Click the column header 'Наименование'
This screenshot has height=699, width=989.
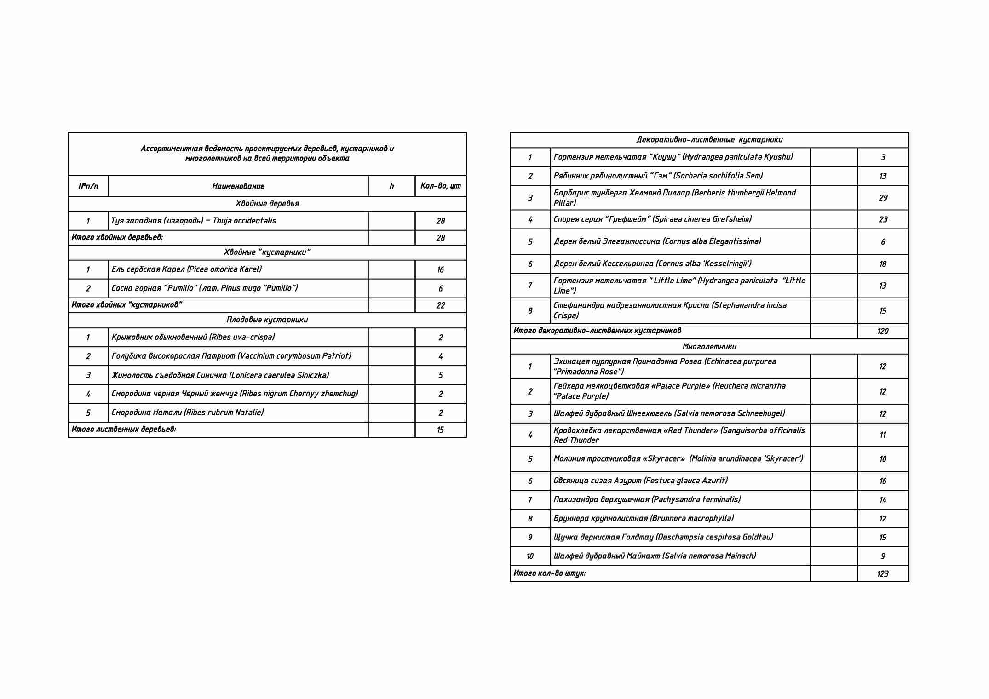238,186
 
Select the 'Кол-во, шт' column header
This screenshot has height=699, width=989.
440,186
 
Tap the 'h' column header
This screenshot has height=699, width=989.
391,186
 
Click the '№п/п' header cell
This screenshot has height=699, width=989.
88,186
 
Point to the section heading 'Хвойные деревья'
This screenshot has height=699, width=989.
267,203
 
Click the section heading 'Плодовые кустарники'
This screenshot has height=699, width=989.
267,320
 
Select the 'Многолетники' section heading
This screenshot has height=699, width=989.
709,346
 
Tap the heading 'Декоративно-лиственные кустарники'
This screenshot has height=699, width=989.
709,139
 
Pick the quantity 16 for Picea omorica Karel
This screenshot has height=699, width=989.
440,269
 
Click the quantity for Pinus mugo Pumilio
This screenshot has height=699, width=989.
440,288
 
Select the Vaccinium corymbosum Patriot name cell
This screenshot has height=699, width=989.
231,356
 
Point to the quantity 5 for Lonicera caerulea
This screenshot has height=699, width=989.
440,375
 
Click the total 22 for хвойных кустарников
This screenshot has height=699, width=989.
440,305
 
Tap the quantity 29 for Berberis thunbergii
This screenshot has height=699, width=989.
883,198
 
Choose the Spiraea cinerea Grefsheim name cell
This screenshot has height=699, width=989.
652,219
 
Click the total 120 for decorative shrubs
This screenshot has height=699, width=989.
883,331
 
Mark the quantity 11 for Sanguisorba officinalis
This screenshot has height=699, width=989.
883,435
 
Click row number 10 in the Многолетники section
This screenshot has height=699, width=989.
530,556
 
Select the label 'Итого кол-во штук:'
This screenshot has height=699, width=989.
549,573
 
